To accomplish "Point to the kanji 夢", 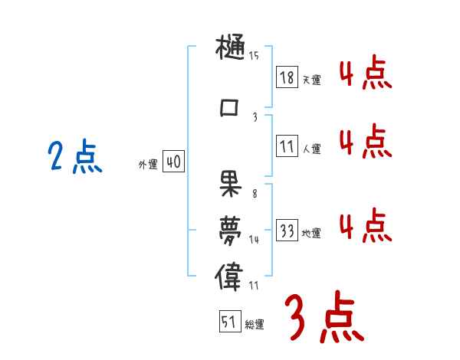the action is click(229, 229).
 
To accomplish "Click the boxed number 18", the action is click(287, 77).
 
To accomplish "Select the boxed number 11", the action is click(287, 146).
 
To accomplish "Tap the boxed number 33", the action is click(287, 231).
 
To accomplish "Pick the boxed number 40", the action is click(174, 162).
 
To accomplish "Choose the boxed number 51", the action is click(229, 322).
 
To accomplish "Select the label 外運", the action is click(147, 165).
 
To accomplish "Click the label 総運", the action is click(255, 325).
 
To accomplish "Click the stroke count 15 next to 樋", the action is click(254, 55).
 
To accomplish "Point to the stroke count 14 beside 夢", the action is click(255, 240).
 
